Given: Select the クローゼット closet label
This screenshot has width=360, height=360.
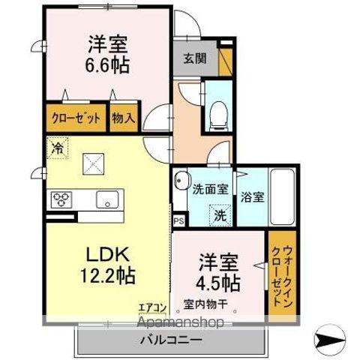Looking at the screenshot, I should [74, 117].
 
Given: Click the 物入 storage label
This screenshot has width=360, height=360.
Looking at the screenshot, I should [123, 117].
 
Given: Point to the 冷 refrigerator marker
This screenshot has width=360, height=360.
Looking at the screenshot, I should [57, 148].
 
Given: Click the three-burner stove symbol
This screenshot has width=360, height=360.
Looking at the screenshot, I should [60, 199].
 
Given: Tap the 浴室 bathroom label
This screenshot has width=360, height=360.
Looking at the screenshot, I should [252, 198].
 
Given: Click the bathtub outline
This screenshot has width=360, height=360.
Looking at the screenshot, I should [284, 198].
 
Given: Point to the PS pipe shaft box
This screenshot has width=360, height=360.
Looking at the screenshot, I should [178, 221].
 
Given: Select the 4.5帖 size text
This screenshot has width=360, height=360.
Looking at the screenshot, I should [219, 283].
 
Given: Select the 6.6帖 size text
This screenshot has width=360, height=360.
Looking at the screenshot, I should [109, 65].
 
